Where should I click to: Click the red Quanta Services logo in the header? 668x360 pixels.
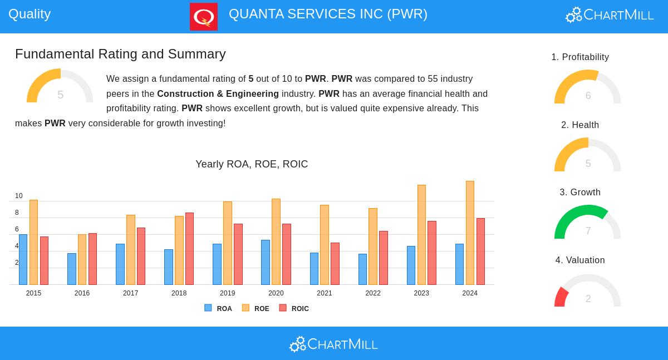204,17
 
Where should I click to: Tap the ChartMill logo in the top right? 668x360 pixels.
610,15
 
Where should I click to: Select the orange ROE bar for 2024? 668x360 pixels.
470,233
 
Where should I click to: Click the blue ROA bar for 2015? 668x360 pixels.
23,259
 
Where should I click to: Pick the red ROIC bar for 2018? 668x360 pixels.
189,249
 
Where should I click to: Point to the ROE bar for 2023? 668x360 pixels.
421,235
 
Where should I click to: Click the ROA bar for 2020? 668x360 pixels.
265,262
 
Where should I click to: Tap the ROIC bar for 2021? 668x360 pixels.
335,264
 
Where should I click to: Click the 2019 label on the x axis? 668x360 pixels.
227,293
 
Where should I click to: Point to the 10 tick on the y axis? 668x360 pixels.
19,196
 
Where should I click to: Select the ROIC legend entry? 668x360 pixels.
294,308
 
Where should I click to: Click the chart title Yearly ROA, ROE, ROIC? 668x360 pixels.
252,164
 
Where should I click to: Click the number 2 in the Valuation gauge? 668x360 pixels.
588,299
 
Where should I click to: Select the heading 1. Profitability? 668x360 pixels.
580,57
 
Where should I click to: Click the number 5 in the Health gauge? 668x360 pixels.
588,164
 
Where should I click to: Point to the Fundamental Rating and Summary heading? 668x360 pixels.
120,54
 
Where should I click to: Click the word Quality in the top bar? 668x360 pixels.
30,14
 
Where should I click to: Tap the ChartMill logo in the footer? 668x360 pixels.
333,344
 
